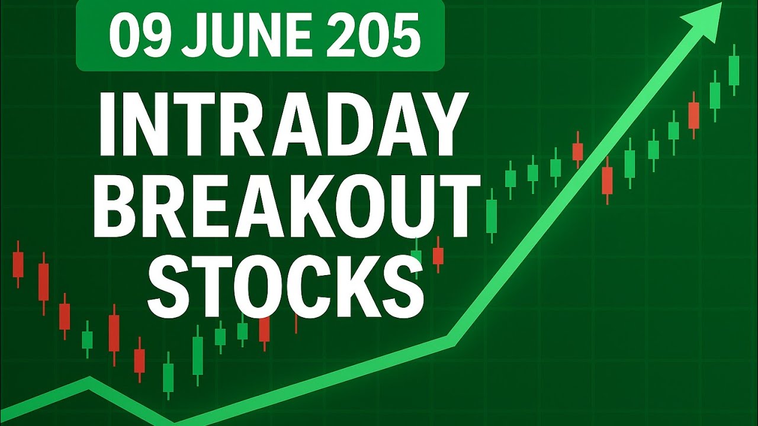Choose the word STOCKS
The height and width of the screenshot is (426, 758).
pos(286,286)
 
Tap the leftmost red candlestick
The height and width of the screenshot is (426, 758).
pos(18,264)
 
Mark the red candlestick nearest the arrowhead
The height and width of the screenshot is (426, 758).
pos(693,115)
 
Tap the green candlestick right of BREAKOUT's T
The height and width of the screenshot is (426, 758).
pos(491,215)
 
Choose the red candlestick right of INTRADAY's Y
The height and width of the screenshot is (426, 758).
pos(578,151)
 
